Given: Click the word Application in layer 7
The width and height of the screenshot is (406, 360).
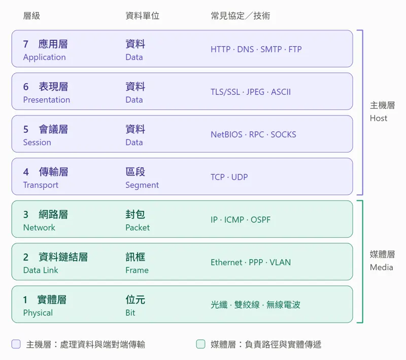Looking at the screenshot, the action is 44,57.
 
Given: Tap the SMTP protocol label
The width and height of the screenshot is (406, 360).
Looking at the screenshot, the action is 271,49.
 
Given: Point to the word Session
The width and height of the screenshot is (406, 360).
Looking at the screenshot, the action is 37,142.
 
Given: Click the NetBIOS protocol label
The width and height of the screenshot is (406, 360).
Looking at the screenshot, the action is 226,134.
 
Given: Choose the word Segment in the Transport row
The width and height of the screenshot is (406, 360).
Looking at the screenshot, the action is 142,185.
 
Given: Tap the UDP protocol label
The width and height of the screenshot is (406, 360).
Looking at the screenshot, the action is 240,177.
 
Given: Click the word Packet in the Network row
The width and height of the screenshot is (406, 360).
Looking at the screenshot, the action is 138,228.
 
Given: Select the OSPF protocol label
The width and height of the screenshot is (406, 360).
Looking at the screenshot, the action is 260,220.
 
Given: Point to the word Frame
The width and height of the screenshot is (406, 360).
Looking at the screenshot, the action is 137,270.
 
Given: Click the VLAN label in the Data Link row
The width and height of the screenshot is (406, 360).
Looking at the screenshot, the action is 280,262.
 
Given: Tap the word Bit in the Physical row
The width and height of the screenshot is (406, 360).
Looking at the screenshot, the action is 130,313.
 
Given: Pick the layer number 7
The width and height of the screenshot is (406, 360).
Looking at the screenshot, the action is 26,44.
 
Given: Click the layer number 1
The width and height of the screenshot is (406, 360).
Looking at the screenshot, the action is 25,300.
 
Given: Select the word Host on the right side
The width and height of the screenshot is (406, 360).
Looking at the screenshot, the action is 378,118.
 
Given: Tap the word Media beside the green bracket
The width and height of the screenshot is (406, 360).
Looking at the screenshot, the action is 382,267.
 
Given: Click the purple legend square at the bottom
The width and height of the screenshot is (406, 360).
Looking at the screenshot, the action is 16,344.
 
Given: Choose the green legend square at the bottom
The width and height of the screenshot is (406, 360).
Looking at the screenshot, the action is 200,344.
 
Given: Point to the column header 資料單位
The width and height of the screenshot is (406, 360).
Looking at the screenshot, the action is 143,16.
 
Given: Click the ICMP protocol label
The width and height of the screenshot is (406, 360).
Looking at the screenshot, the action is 234,220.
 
